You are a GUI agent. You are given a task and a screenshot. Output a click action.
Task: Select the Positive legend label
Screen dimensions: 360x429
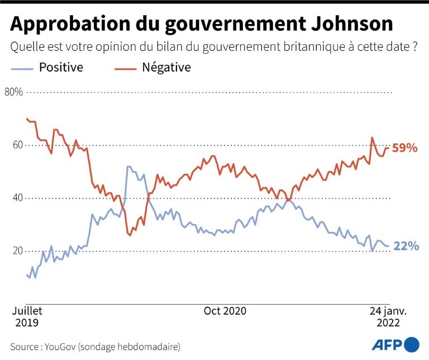coord(61,68)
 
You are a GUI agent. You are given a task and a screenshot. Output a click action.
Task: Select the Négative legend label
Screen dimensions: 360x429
coord(166,68)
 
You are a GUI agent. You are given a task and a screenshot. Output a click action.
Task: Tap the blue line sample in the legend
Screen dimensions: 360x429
coord(22,68)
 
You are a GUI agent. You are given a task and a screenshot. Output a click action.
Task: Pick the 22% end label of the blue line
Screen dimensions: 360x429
coord(406,246)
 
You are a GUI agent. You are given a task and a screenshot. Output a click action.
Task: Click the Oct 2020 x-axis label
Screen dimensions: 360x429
coord(225,311)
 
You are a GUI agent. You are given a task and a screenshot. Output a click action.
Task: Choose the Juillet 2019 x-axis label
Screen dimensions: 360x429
coord(27,316)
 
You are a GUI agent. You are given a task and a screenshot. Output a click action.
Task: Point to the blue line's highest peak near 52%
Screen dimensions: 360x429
coord(129,167)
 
